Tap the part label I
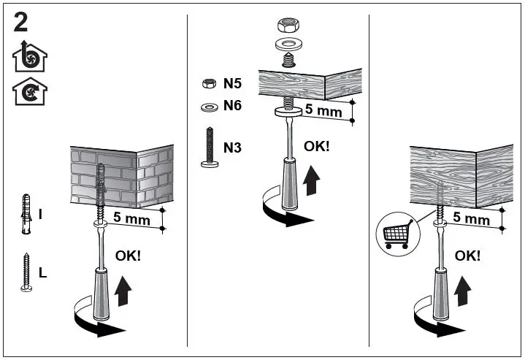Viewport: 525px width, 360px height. [x=40, y=214]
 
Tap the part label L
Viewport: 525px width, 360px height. [x=42, y=273]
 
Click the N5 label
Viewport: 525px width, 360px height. [x=232, y=84]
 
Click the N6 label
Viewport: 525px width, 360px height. [x=232, y=105]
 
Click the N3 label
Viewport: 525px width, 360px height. [x=232, y=148]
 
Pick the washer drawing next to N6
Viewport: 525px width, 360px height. [x=207, y=107]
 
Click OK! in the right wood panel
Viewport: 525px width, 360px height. [x=467, y=255]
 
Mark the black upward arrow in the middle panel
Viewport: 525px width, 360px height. [x=313, y=180]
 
